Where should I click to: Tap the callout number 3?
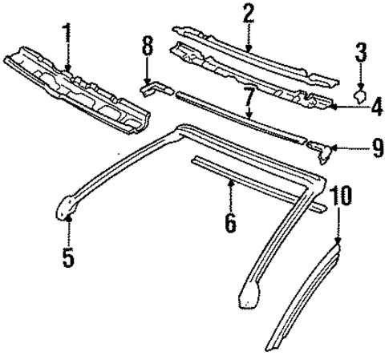click(362, 55)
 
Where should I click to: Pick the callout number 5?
click(68, 258)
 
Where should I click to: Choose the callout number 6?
click(231, 223)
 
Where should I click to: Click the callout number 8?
click(147, 47)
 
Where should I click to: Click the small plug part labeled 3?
click(361, 96)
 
